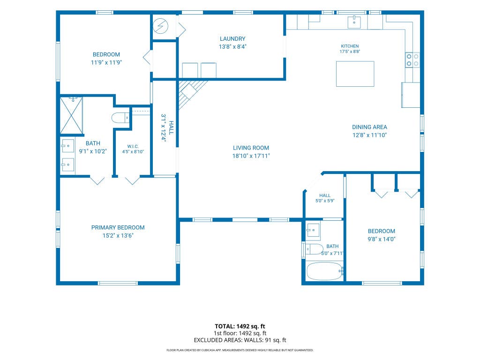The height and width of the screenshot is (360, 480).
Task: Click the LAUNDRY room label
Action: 232,39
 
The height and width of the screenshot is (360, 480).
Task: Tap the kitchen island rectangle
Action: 355,74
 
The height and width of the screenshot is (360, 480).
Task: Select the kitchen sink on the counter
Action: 354,22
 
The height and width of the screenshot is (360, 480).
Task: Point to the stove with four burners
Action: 412,60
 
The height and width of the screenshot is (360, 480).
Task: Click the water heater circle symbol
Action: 160,26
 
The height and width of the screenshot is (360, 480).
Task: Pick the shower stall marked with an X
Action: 71,115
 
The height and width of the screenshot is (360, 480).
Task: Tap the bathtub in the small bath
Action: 324,271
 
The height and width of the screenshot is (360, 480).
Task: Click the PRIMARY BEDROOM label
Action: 118,227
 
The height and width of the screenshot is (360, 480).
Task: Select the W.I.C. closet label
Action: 133,146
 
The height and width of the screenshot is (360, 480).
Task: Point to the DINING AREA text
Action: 369,127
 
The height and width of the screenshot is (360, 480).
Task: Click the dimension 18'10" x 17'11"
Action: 251,156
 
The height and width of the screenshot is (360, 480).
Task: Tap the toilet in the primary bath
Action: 120,118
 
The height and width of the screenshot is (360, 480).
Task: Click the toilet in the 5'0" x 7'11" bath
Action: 314,249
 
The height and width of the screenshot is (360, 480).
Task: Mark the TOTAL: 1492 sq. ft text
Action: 240,326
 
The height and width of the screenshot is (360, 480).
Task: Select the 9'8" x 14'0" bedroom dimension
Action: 382,239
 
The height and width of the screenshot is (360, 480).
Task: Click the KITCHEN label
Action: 350,46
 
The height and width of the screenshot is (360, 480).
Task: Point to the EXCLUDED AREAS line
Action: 240,340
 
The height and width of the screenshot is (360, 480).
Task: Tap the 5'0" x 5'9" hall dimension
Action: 325,201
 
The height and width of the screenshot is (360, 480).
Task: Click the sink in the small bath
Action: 313,230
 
